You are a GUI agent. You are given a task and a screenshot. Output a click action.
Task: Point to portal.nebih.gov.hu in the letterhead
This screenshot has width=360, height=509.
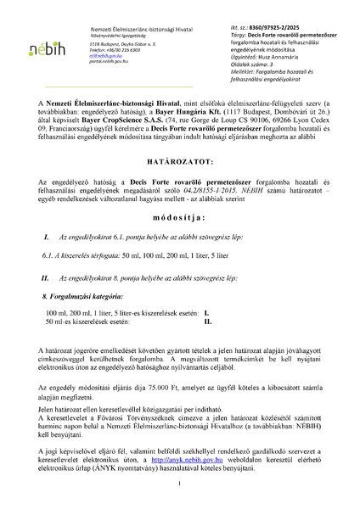(114, 63)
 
